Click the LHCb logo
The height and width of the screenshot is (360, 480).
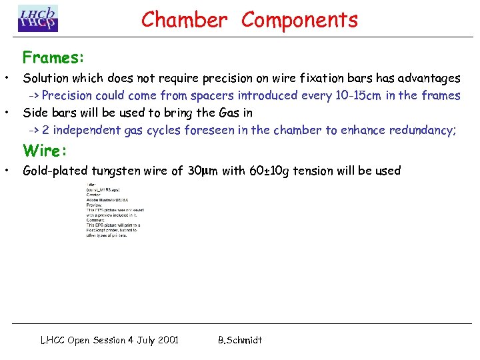38,19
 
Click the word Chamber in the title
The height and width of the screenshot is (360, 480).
184,20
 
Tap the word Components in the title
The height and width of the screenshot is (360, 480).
299,20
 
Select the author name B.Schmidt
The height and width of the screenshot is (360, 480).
240,340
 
